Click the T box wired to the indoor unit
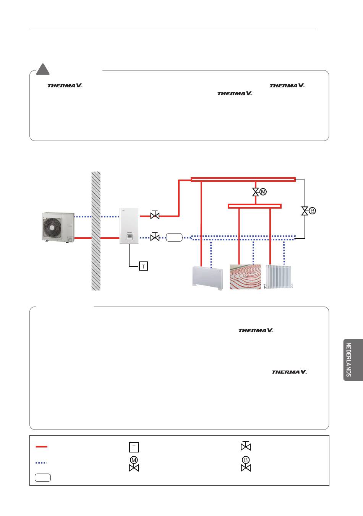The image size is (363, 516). (143, 266)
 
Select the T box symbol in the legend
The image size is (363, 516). (134, 447)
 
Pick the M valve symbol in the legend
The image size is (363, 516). (134, 464)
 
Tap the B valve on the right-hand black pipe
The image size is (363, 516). (305, 211)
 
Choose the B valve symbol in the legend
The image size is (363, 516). (246, 464)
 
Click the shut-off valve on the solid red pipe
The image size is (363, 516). (155, 216)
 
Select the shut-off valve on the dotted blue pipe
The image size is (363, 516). (155, 237)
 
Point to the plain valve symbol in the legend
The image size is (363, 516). (246, 446)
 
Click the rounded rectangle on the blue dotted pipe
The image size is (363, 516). (174, 237)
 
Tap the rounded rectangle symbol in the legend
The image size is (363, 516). (43, 477)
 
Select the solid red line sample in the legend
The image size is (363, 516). (41, 446)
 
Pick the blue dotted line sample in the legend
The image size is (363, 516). (41, 462)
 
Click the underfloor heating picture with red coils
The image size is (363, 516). (245, 277)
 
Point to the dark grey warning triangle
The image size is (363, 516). (43, 70)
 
